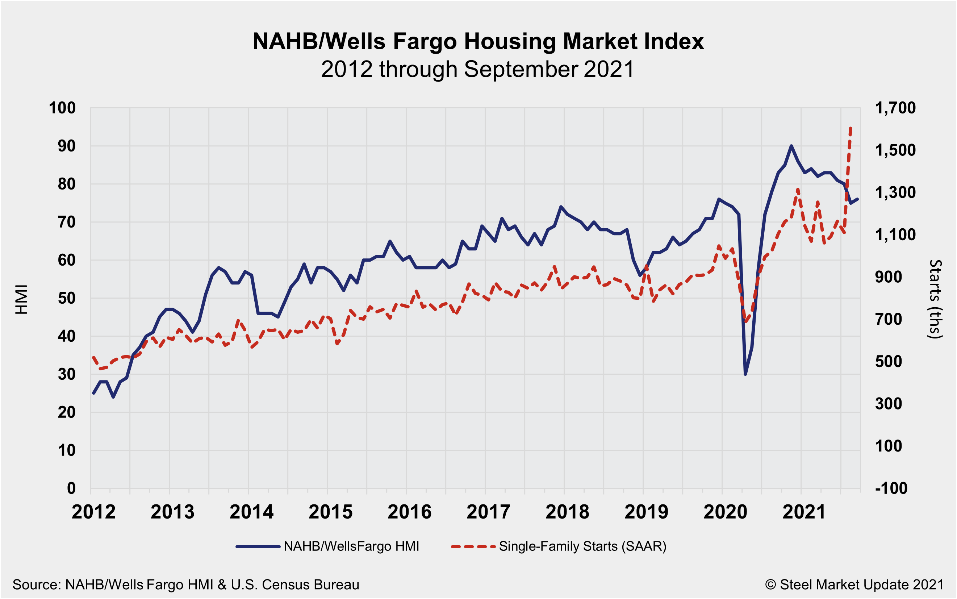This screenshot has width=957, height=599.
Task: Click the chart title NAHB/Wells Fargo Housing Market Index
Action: coord(478,41)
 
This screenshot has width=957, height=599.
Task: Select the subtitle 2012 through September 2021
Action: coord(478,69)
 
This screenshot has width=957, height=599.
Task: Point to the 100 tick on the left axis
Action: coord(62,108)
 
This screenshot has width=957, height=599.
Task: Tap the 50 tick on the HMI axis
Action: coord(67,298)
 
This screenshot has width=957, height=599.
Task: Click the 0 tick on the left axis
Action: coord(71,488)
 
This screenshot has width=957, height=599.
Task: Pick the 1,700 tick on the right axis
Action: coord(895,108)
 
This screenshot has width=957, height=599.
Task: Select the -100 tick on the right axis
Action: coord(891,488)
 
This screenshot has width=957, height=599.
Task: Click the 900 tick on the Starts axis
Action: coord(889,277)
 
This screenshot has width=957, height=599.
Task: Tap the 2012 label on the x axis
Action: coord(93,512)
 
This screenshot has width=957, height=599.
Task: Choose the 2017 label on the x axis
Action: coord(488,512)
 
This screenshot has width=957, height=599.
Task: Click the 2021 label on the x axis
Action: coord(804,512)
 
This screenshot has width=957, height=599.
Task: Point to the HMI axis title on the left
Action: coord(21,299)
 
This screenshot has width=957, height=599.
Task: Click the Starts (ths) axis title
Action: coord(935,299)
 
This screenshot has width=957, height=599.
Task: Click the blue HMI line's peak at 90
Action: coord(791,146)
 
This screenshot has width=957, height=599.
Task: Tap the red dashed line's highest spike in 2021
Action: coord(850,128)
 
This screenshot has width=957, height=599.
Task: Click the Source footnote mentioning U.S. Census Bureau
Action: coord(186,585)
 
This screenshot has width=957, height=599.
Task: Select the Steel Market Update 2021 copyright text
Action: coord(854,585)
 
